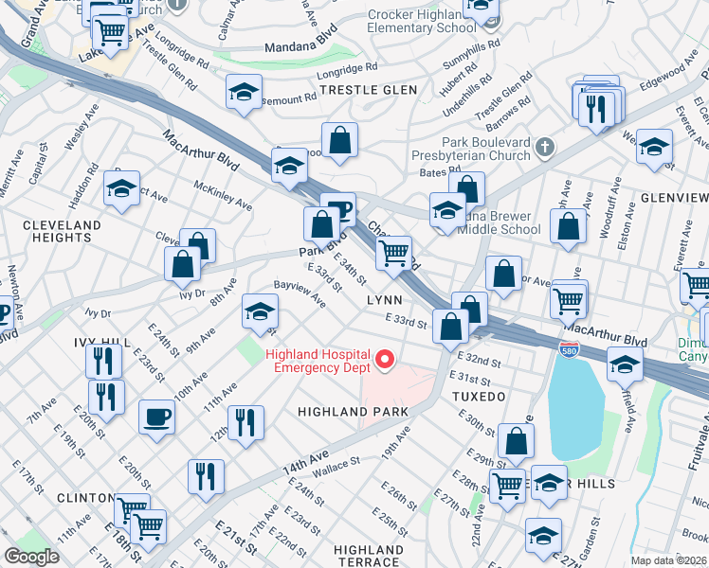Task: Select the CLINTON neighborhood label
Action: (86, 498)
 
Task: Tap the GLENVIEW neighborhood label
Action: (674, 197)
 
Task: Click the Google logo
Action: (31, 557)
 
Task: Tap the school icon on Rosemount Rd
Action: (244, 93)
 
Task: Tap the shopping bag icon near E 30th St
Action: (516, 441)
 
